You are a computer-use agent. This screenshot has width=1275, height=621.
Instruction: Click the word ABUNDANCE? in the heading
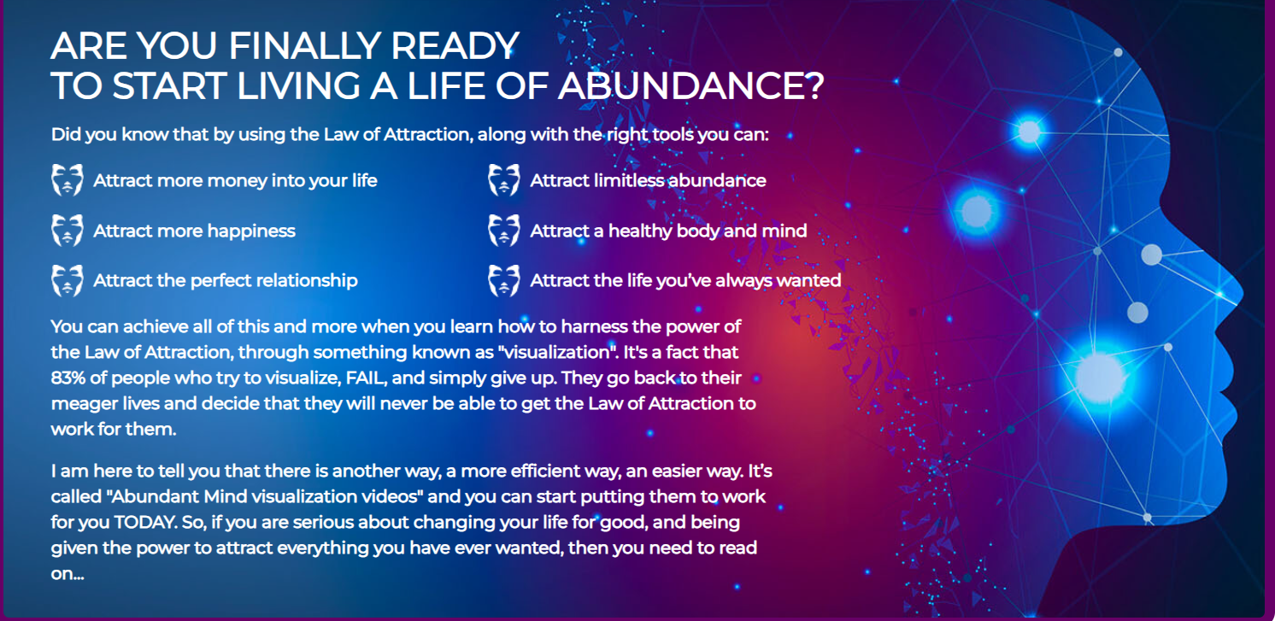[690, 86]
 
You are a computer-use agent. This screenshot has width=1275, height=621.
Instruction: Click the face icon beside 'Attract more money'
[68, 180]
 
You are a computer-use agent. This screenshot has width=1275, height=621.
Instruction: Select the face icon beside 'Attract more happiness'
[68, 230]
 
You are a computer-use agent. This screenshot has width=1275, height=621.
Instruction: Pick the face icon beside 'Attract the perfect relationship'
[68, 280]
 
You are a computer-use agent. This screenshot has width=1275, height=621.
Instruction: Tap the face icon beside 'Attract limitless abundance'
[503, 180]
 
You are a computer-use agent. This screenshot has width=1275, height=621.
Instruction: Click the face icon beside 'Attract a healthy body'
[503, 230]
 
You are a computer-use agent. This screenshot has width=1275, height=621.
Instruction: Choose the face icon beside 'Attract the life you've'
[503, 280]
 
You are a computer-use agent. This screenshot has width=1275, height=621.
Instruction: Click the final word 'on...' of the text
[68, 574]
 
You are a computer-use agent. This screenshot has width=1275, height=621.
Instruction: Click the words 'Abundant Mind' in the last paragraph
[177, 497]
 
